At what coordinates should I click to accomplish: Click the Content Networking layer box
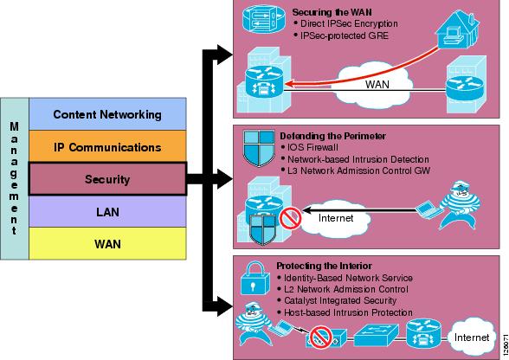point(107,114)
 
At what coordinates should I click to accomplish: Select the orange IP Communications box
point(107,146)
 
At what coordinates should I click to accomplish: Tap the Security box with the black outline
point(107,179)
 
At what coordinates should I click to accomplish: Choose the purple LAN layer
point(107,211)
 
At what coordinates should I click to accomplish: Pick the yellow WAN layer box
point(107,243)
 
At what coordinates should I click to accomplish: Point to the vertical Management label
point(14,178)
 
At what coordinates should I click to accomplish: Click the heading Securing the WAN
point(332,12)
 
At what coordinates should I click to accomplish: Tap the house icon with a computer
point(457,29)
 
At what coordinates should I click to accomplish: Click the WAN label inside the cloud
point(377,85)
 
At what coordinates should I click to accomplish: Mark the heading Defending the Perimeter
point(332,136)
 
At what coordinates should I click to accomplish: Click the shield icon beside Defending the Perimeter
point(259,148)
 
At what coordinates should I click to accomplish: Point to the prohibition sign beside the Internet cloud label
point(291,218)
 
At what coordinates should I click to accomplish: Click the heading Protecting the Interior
point(324,266)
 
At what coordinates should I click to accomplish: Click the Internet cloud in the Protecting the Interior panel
point(472,337)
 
